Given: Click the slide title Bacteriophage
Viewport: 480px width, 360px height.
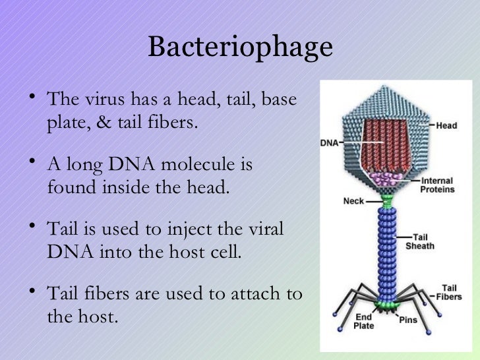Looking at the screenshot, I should click(240, 47).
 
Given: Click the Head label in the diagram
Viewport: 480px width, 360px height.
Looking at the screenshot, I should click(446, 126).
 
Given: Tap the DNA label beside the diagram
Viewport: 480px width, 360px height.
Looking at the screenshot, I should click(329, 142).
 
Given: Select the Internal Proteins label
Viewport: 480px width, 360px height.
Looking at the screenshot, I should click(437, 185).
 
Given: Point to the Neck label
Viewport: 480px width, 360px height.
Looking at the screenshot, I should click(353, 201).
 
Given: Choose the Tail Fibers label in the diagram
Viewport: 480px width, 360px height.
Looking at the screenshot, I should click(449, 292).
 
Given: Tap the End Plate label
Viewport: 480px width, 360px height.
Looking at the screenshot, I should click(363, 322).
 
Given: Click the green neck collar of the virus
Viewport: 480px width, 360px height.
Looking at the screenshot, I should click(386, 197).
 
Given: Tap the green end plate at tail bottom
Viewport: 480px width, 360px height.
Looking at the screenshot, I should click(386, 305).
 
